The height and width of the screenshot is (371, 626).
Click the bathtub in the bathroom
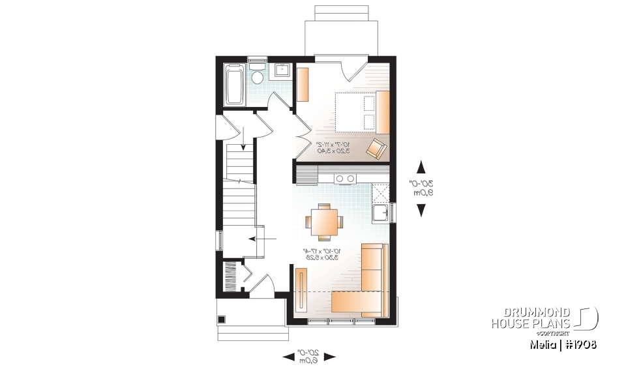pos(234,84)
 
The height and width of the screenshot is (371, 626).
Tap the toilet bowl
pos(257,76)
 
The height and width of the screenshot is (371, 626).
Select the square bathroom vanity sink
pos(284,69)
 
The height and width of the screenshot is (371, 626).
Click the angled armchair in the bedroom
pos(376,148)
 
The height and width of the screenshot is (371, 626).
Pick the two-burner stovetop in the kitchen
pos(345,178)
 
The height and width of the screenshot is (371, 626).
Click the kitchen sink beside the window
pos(381,213)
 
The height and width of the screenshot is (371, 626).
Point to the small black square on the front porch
pos(222,319)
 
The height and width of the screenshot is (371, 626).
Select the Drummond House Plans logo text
pos(531,318)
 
